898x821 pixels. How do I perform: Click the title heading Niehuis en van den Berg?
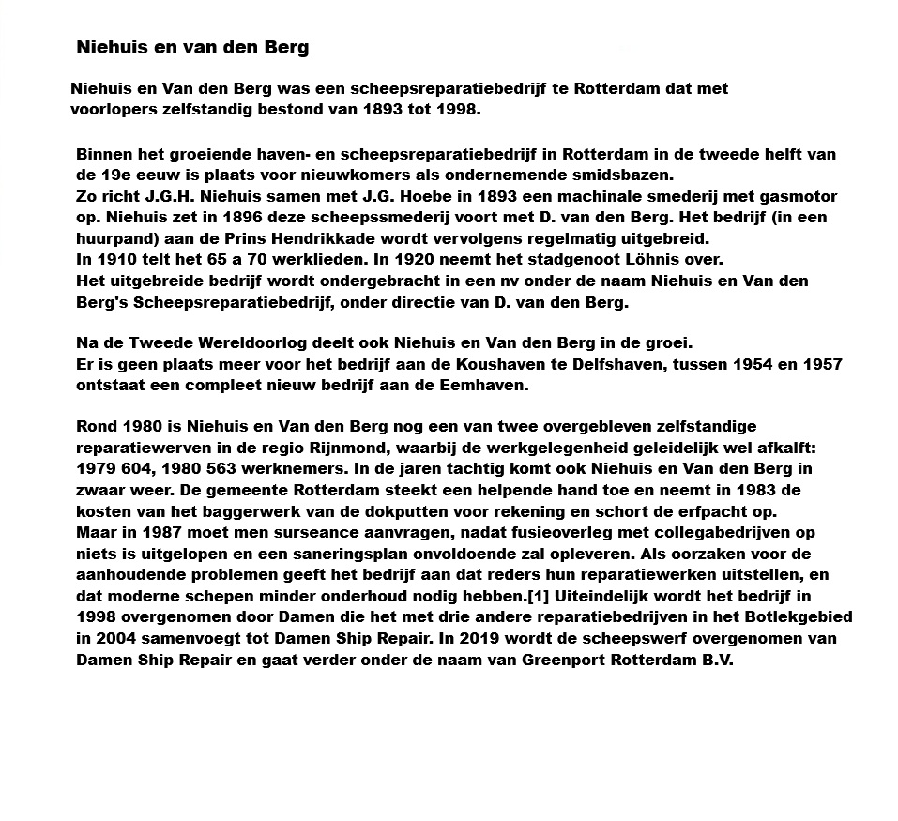click(x=192, y=46)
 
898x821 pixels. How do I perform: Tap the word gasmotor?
click(x=798, y=197)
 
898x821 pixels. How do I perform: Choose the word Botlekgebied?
click(x=803, y=617)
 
